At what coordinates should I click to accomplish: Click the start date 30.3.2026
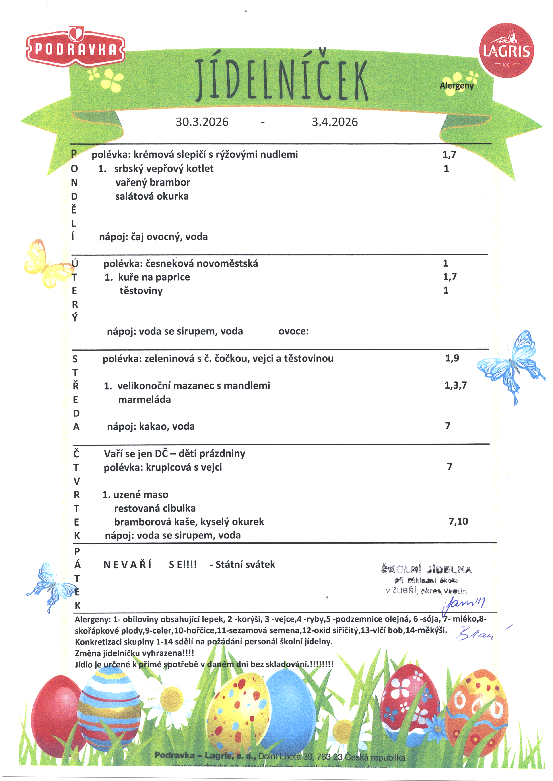202,122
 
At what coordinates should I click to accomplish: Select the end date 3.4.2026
335,122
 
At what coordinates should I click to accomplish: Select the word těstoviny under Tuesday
141,291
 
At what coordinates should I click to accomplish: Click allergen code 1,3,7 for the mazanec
456,385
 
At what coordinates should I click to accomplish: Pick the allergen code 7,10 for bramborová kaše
458,522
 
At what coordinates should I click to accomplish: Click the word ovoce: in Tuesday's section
293,331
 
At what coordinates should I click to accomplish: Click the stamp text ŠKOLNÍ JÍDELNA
426,569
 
